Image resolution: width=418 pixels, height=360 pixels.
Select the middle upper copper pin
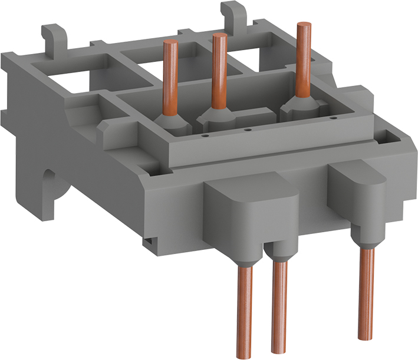click(x=220, y=71)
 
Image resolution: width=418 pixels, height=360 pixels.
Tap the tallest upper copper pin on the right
click(x=304, y=59)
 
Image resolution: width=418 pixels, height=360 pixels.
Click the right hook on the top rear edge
click(x=229, y=13)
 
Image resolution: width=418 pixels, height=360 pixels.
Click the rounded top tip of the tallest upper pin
click(x=304, y=25)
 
